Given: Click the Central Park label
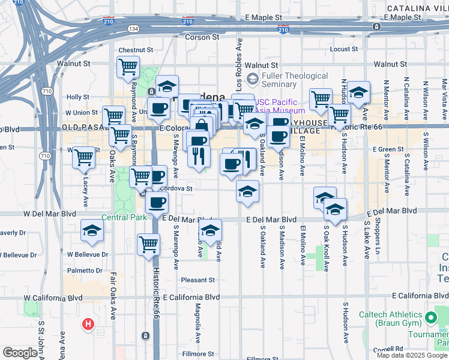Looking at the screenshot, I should tap(124, 217).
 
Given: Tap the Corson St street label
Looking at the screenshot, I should tap(202, 37).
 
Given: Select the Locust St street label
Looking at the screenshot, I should tap(344, 49).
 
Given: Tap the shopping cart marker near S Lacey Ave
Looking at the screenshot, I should tap(84, 158).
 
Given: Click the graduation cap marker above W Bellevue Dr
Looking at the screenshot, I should tap(92, 231).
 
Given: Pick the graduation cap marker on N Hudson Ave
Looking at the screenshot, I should tap(358, 92).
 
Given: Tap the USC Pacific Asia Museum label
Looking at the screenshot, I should tap(281, 106).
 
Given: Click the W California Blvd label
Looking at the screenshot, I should tap(53, 297).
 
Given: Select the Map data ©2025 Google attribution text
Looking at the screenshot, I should tap(411, 355).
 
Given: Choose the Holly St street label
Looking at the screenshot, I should tap(78, 97).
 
